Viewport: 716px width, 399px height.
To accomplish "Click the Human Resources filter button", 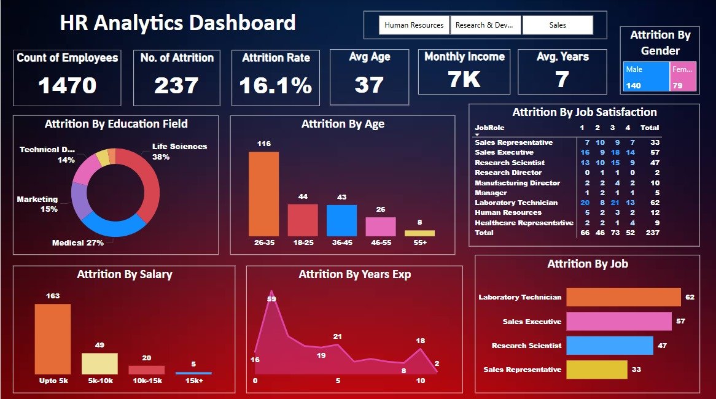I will click(414, 25).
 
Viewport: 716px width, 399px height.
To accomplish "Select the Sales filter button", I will click(558, 25).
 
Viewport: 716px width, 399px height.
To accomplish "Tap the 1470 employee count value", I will click(68, 85).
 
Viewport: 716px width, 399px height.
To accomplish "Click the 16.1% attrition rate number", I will click(276, 85).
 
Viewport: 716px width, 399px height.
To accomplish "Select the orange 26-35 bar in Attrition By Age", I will click(263, 194).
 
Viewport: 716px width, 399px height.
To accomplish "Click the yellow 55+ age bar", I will click(419, 233).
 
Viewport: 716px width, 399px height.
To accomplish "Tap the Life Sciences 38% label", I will click(179, 152).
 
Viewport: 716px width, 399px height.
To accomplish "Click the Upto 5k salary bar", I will click(53, 339).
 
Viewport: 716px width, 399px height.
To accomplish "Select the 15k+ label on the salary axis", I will click(193, 380).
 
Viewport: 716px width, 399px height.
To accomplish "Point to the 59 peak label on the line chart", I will click(271, 299).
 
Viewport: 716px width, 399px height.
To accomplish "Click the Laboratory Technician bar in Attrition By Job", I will click(623, 297).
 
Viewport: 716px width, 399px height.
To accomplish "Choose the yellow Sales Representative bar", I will click(596, 370).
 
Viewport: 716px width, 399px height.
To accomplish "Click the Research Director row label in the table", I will click(508, 172).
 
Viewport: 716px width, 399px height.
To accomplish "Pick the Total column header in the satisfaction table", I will click(649, 128).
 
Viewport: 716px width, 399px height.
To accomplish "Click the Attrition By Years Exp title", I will click(354, 274).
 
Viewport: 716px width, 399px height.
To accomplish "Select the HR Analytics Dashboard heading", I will click(177, 23).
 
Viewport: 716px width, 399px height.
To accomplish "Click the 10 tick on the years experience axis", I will click(420, 381).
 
